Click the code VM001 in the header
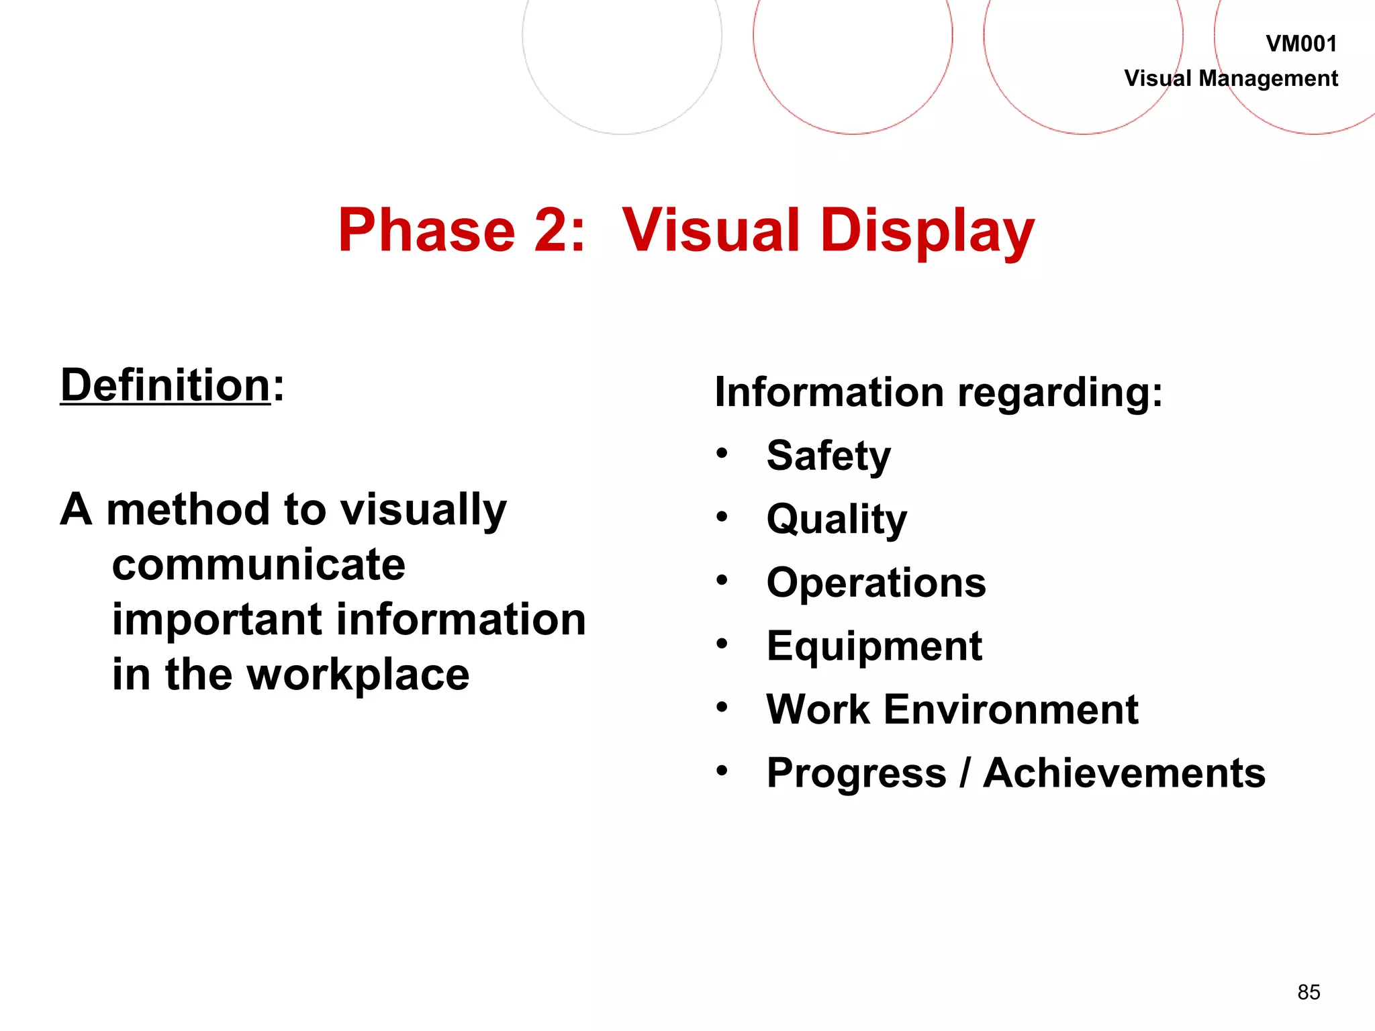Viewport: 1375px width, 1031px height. [x=1300, y=44]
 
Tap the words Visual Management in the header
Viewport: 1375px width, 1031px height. [x=1231, y=79]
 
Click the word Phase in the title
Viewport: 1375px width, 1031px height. [x=426, y=230]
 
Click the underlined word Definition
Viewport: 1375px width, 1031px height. [x=165, y=386]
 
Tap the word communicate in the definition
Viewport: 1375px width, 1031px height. [x=258, y=564]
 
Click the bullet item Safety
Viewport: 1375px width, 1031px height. [x=828, y=456]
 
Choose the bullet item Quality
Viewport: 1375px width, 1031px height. [x=837, y=520]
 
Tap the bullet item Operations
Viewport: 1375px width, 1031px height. [x=876, y=583]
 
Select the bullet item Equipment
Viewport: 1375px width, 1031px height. [x=874, y=646]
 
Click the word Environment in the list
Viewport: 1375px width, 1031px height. [x=1010, y=709]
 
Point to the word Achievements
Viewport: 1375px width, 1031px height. [x=1124, y=773]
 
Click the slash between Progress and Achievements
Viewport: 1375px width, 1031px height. [x=965, y=773]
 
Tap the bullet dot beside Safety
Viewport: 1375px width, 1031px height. [x=722, y=453]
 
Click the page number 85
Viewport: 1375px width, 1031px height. [x=1309, y=992]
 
